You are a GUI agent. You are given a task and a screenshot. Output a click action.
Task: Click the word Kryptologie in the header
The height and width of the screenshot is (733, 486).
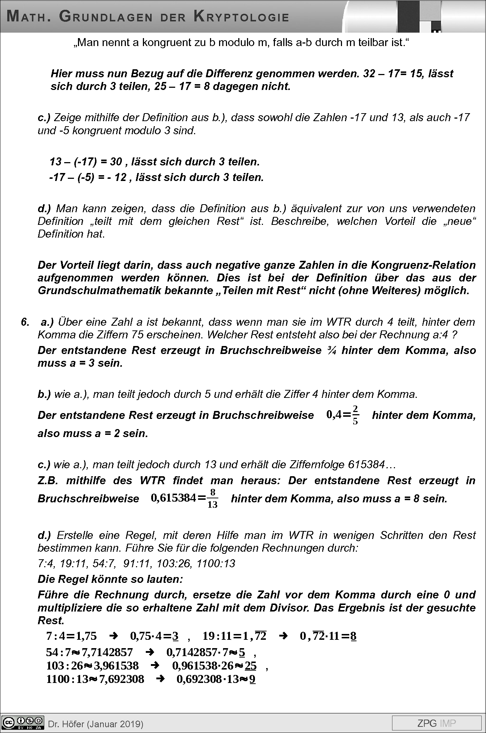click(241, 17)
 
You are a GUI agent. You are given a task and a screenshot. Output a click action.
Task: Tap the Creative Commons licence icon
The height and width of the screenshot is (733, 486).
click(22, 722)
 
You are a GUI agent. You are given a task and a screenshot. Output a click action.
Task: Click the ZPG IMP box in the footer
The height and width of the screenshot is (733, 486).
click(436, 723)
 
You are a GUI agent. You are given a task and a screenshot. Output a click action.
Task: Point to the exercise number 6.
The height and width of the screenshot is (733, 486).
click(25, 322)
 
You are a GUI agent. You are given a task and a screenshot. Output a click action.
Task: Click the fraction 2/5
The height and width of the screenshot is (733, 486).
click(355, 415)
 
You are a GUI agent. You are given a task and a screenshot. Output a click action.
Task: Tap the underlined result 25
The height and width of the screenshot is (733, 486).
click(251, 666)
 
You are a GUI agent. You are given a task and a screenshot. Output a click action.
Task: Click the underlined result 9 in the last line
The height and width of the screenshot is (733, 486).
click(252, 679)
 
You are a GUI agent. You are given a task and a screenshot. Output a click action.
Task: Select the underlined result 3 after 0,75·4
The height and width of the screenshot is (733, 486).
click(176, 636)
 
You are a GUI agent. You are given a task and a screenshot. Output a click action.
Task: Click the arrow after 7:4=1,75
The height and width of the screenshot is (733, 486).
click(114, 636)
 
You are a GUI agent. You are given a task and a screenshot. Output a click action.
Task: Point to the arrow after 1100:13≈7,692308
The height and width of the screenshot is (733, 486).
click(160, 679)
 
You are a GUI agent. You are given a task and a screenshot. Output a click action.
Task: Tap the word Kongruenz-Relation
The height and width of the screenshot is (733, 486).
click(423, 265)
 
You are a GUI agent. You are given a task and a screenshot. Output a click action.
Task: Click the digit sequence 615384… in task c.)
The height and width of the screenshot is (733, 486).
click(371, 465)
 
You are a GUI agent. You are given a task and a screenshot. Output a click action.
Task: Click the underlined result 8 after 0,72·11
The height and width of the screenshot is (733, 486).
click(353, 636)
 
